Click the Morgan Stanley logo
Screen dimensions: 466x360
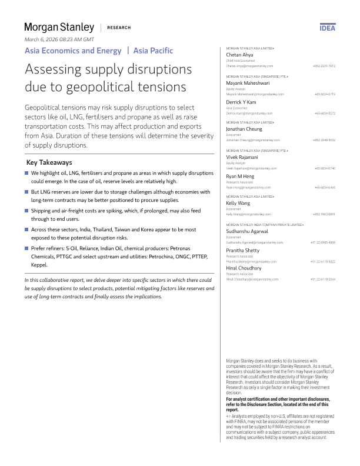(x=59, y=27)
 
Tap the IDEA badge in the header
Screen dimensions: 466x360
(x=328, y=28)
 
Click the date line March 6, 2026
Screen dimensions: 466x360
(x=59, y=39)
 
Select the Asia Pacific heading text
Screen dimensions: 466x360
(x=153, y=51)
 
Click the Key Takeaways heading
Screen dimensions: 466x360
(x=49, y=162)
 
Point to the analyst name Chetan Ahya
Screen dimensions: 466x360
(x=239, y=55)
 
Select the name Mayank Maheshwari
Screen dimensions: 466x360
(x=248, y=84)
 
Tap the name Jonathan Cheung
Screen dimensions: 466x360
(x=245, y=129)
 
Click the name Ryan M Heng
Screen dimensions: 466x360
(x=241, y=177)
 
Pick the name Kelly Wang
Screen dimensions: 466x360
(x=238, y=203)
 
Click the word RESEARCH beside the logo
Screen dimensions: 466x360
(x=119, y=28)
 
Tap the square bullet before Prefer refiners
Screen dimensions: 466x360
(x=26, y=249)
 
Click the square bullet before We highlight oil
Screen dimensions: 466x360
(x=26, y=174)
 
